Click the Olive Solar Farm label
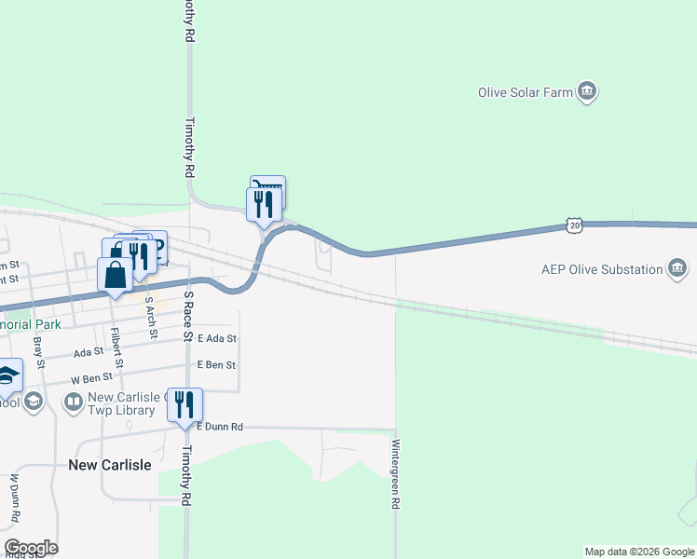(x=525, y=92)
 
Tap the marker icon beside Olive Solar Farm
(x=587, y=91)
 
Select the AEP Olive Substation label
(x=602, y=270)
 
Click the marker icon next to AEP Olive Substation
(x=677, y=270)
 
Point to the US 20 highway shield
(x=574, y=225)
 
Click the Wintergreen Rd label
(x=396, y=474)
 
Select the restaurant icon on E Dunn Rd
(x=184, y=403)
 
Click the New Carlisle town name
(x=110, y=465)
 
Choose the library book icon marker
(x=73, y=402)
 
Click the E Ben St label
(x=215, y=366)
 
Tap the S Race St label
(x=187, y=316)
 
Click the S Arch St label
(x=149, y=318)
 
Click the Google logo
(x=31, y=548)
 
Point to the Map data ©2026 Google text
(x=638, y=552)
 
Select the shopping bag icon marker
(x=115, y=275)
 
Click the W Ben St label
(x=93, y=377)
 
